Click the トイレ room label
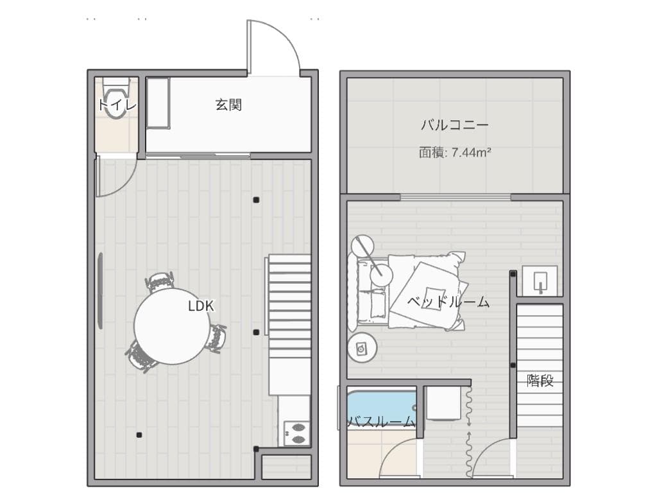point(117,106)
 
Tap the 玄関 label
point(228,105)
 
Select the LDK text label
point(201,306)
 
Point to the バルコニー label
point(455,125)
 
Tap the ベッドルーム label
point(448,302)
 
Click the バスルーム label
point(381,422)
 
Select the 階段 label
point(540,380)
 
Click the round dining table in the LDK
point(171,326)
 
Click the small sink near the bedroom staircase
point(538,281)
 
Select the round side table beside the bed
point(362,349)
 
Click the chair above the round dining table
point(160,282)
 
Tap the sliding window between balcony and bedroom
point(456,196)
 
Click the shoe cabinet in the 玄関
point(158,103)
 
